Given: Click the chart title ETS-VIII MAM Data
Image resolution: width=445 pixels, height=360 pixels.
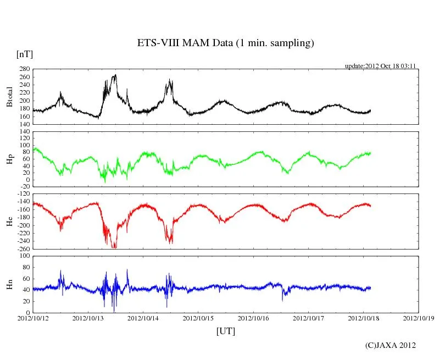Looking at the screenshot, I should point(225,43).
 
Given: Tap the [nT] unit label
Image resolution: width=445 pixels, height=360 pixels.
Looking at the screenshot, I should point(25,54).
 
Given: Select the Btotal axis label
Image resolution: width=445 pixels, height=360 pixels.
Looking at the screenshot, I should point(9,97).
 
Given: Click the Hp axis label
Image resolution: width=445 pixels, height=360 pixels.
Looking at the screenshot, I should point(9,159).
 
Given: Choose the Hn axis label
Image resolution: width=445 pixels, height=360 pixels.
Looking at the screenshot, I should point(9,284).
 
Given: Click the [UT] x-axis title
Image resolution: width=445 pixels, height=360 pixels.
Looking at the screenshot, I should point(226,331).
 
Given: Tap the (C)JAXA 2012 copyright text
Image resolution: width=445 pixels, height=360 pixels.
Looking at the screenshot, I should point(390,345).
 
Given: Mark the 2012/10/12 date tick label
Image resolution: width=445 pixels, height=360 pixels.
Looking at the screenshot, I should point(33,318).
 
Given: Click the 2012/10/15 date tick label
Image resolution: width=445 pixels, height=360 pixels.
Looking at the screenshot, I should point(198,318).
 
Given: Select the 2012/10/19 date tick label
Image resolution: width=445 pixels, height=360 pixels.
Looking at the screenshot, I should point(419,318).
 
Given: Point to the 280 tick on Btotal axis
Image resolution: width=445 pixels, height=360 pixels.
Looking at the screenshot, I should point(24,69).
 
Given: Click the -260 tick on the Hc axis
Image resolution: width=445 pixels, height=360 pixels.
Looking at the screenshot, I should point(23,249).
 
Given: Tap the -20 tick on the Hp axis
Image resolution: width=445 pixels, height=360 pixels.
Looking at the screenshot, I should point(24,186).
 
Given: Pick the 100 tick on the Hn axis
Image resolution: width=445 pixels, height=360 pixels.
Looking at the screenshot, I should point(24,256).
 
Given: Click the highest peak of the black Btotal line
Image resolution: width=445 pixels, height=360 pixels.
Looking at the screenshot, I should point(115,75).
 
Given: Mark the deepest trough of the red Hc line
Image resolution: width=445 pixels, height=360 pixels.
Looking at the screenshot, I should point(114,248).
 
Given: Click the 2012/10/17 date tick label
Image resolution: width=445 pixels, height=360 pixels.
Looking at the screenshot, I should point(309,318).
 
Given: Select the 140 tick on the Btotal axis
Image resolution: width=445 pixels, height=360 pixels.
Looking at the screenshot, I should point(24,125).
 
